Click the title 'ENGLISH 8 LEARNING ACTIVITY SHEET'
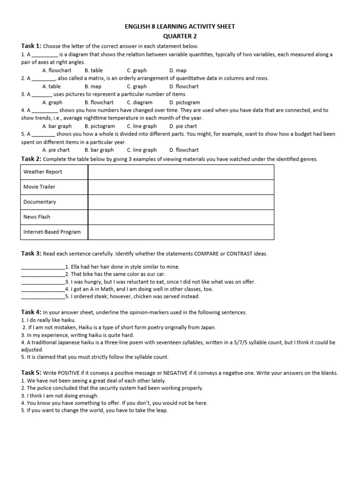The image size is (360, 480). [x=180, y=27]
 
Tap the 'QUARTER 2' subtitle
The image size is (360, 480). [x=180, y=36]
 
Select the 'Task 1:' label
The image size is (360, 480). [x=31, y=46]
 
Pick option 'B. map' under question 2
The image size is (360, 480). [x=93, y=86]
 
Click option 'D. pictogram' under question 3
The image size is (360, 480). [x=185, y=102]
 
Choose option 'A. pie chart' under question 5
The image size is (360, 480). [x=56, y=150]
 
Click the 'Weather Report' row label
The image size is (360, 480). [x=43, y=172]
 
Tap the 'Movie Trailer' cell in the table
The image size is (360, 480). [x=39, y=187]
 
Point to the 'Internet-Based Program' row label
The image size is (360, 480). [x=52, y=232]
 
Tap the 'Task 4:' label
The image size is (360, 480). [x=31, y=312]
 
